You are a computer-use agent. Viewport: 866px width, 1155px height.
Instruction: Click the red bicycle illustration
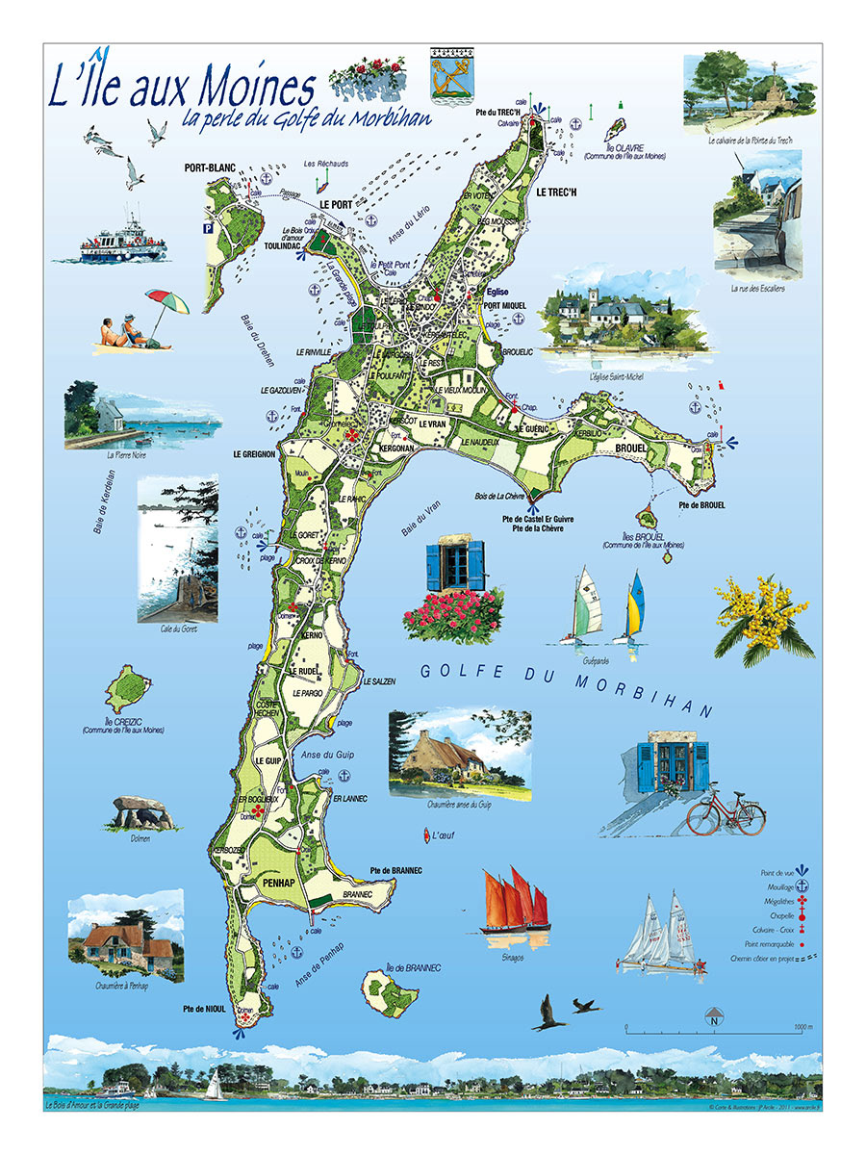[726, 814]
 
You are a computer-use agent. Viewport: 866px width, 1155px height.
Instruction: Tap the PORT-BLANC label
[210, 168]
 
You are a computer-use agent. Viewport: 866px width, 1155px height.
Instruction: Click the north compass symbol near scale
[714, 1015]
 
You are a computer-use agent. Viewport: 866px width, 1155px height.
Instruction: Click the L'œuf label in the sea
[443, 834]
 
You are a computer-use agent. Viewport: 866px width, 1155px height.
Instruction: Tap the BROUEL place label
[630, 449]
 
